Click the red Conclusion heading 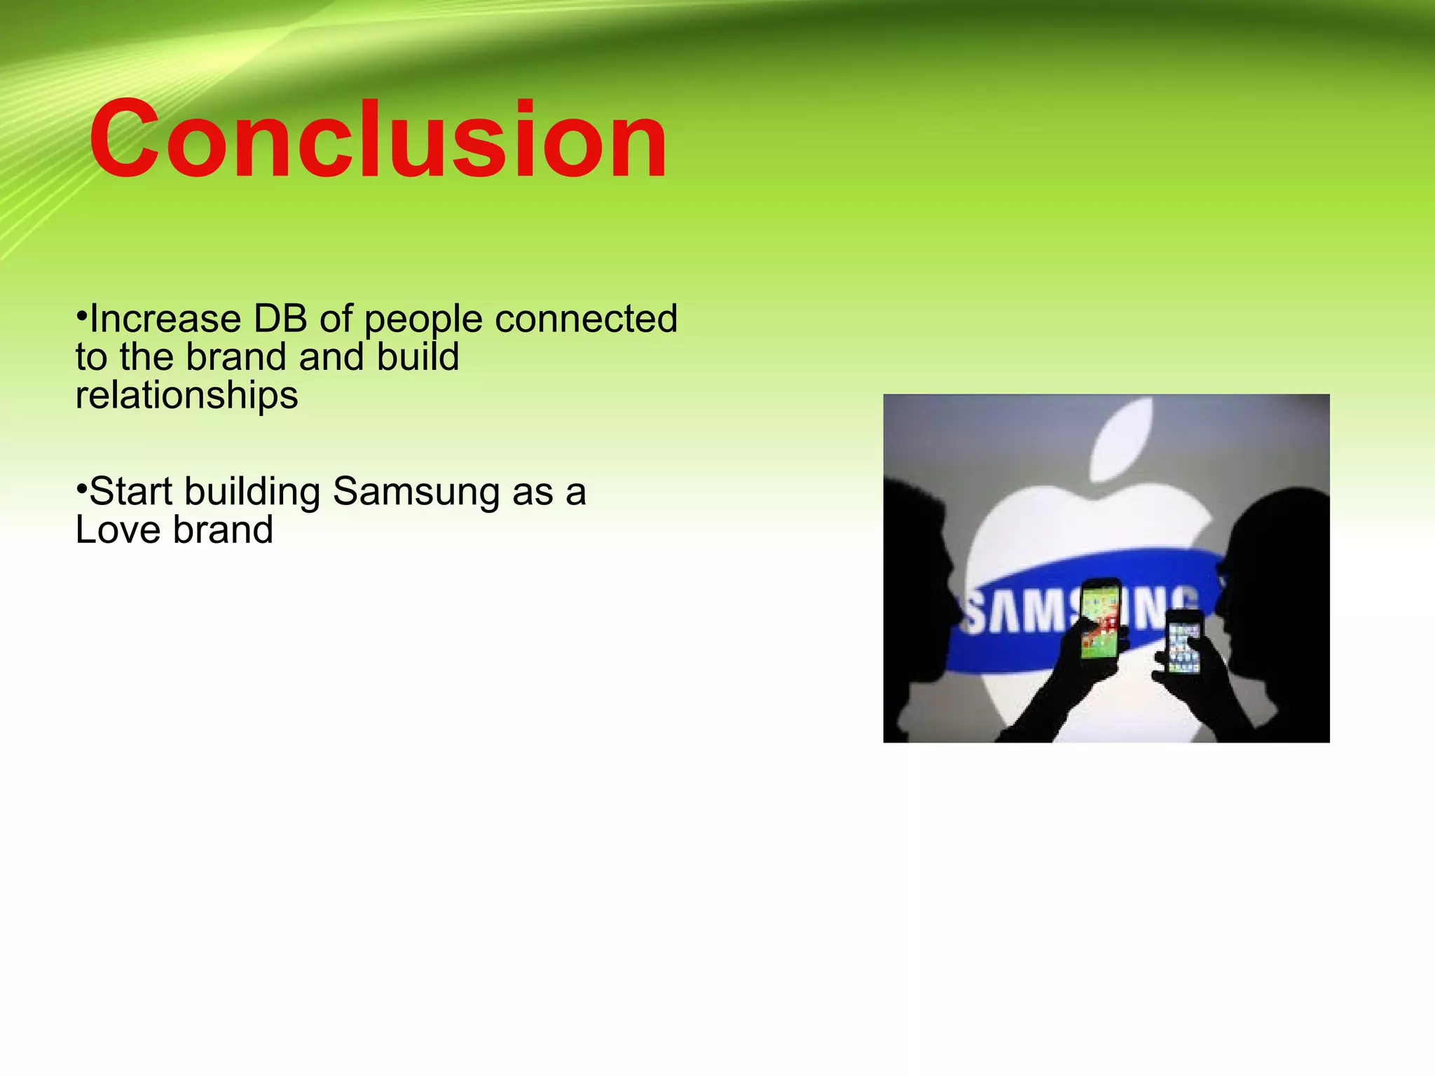pos(378,140)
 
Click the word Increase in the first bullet pos(165,319)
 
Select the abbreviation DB pos(280,319)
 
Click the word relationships pos(186,396)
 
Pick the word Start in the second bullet pos(130,492)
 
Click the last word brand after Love pos(223,530)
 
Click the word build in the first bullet pos(418,357)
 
